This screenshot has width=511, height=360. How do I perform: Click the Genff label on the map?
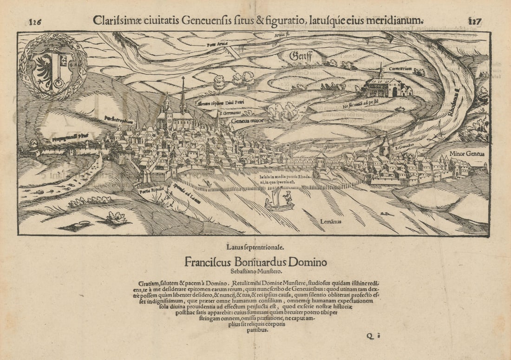(x=300, y=56)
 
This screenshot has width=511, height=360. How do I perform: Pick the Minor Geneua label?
(x=467, y=154)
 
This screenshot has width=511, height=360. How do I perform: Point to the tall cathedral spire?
(x=183, y=95)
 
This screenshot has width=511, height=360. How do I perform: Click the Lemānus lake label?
(x=330, y=222)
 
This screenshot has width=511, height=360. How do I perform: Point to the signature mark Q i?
(x=370, y=337)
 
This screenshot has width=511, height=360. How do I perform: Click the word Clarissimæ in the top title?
(x=118, y=20)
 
